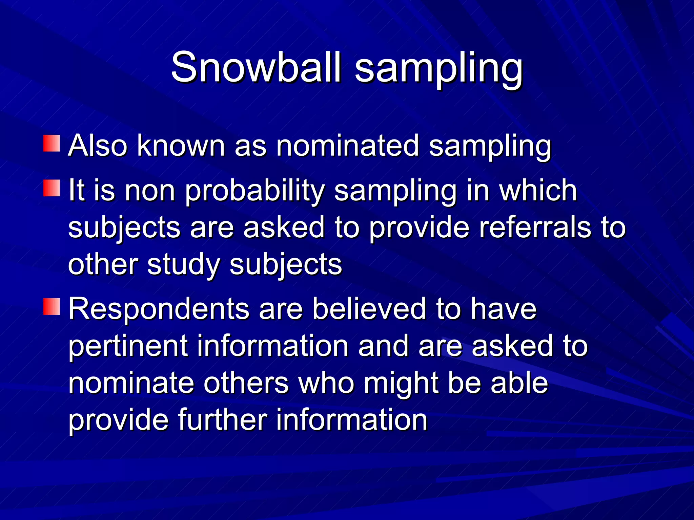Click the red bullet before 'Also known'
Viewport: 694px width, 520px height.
click(x=52, y=143)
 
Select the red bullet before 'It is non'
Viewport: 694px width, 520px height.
click(x=52, y=188)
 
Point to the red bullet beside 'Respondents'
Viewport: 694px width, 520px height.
click(x=52, y=306)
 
